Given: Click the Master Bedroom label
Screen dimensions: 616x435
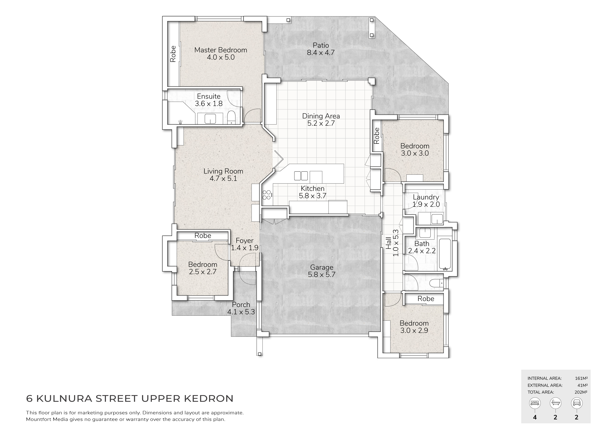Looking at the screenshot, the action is coord(221,50).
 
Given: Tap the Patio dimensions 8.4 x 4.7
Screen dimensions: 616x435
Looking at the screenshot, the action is coord(321,53).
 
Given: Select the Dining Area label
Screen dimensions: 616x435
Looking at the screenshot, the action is coord(321,116).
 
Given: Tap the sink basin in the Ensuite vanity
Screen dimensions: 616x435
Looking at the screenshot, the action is coord(210,118).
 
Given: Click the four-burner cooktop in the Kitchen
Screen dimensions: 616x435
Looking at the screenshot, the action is coord(267,195).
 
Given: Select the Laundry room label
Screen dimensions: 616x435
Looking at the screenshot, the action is coord(426,197).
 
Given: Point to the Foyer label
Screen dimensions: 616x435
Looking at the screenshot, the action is coord(244,241).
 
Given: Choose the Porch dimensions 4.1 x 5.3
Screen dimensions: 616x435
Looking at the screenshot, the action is coord(241,312).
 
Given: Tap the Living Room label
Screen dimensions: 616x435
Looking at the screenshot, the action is coord(223,171).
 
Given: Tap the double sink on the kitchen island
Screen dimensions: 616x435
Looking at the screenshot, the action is coord(301,176).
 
